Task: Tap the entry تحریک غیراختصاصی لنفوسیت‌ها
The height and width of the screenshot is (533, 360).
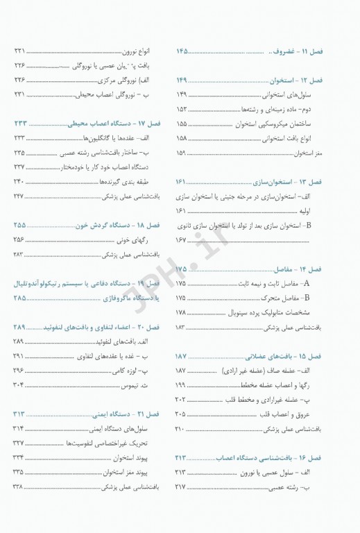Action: click(x=121, y=443)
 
